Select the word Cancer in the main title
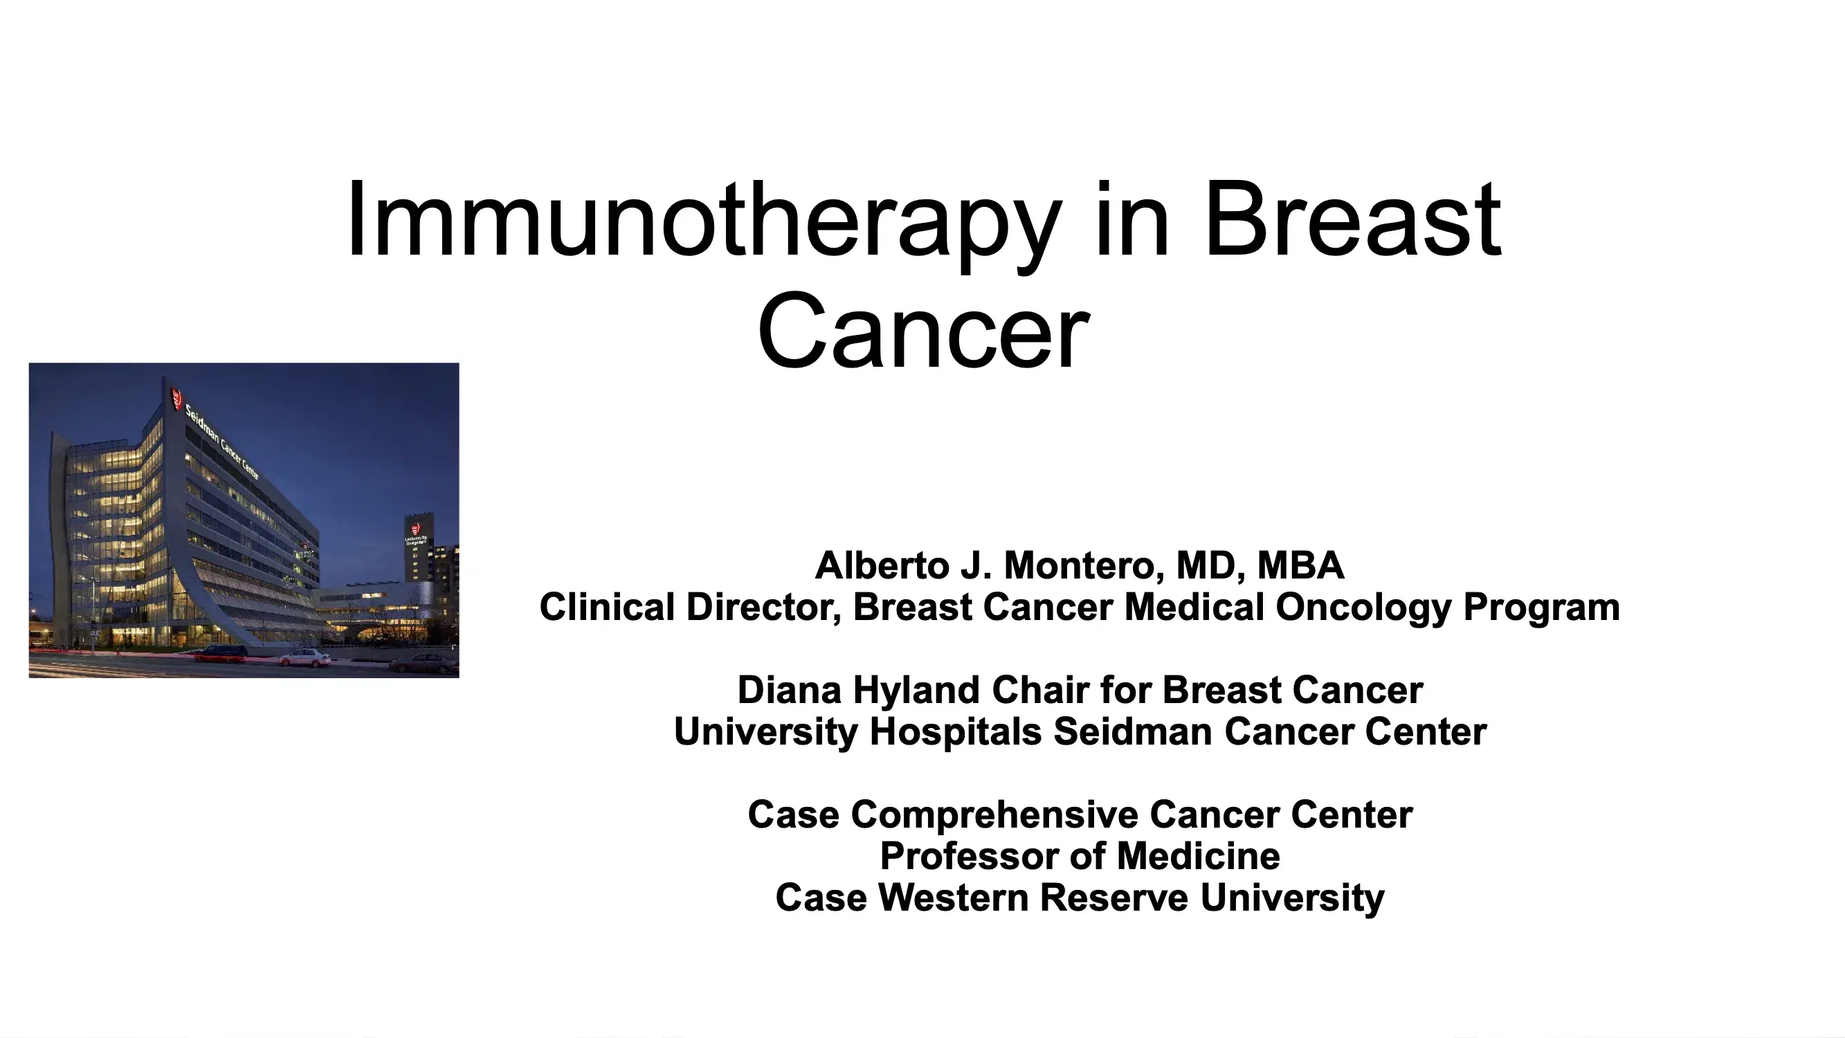tap(923, 331)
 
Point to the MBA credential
tap(1300, 565)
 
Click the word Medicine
tap(1198, 856)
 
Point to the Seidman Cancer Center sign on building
tap(222, 441)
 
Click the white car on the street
tap(306, 657)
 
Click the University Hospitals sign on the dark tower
tap(415, 534)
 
